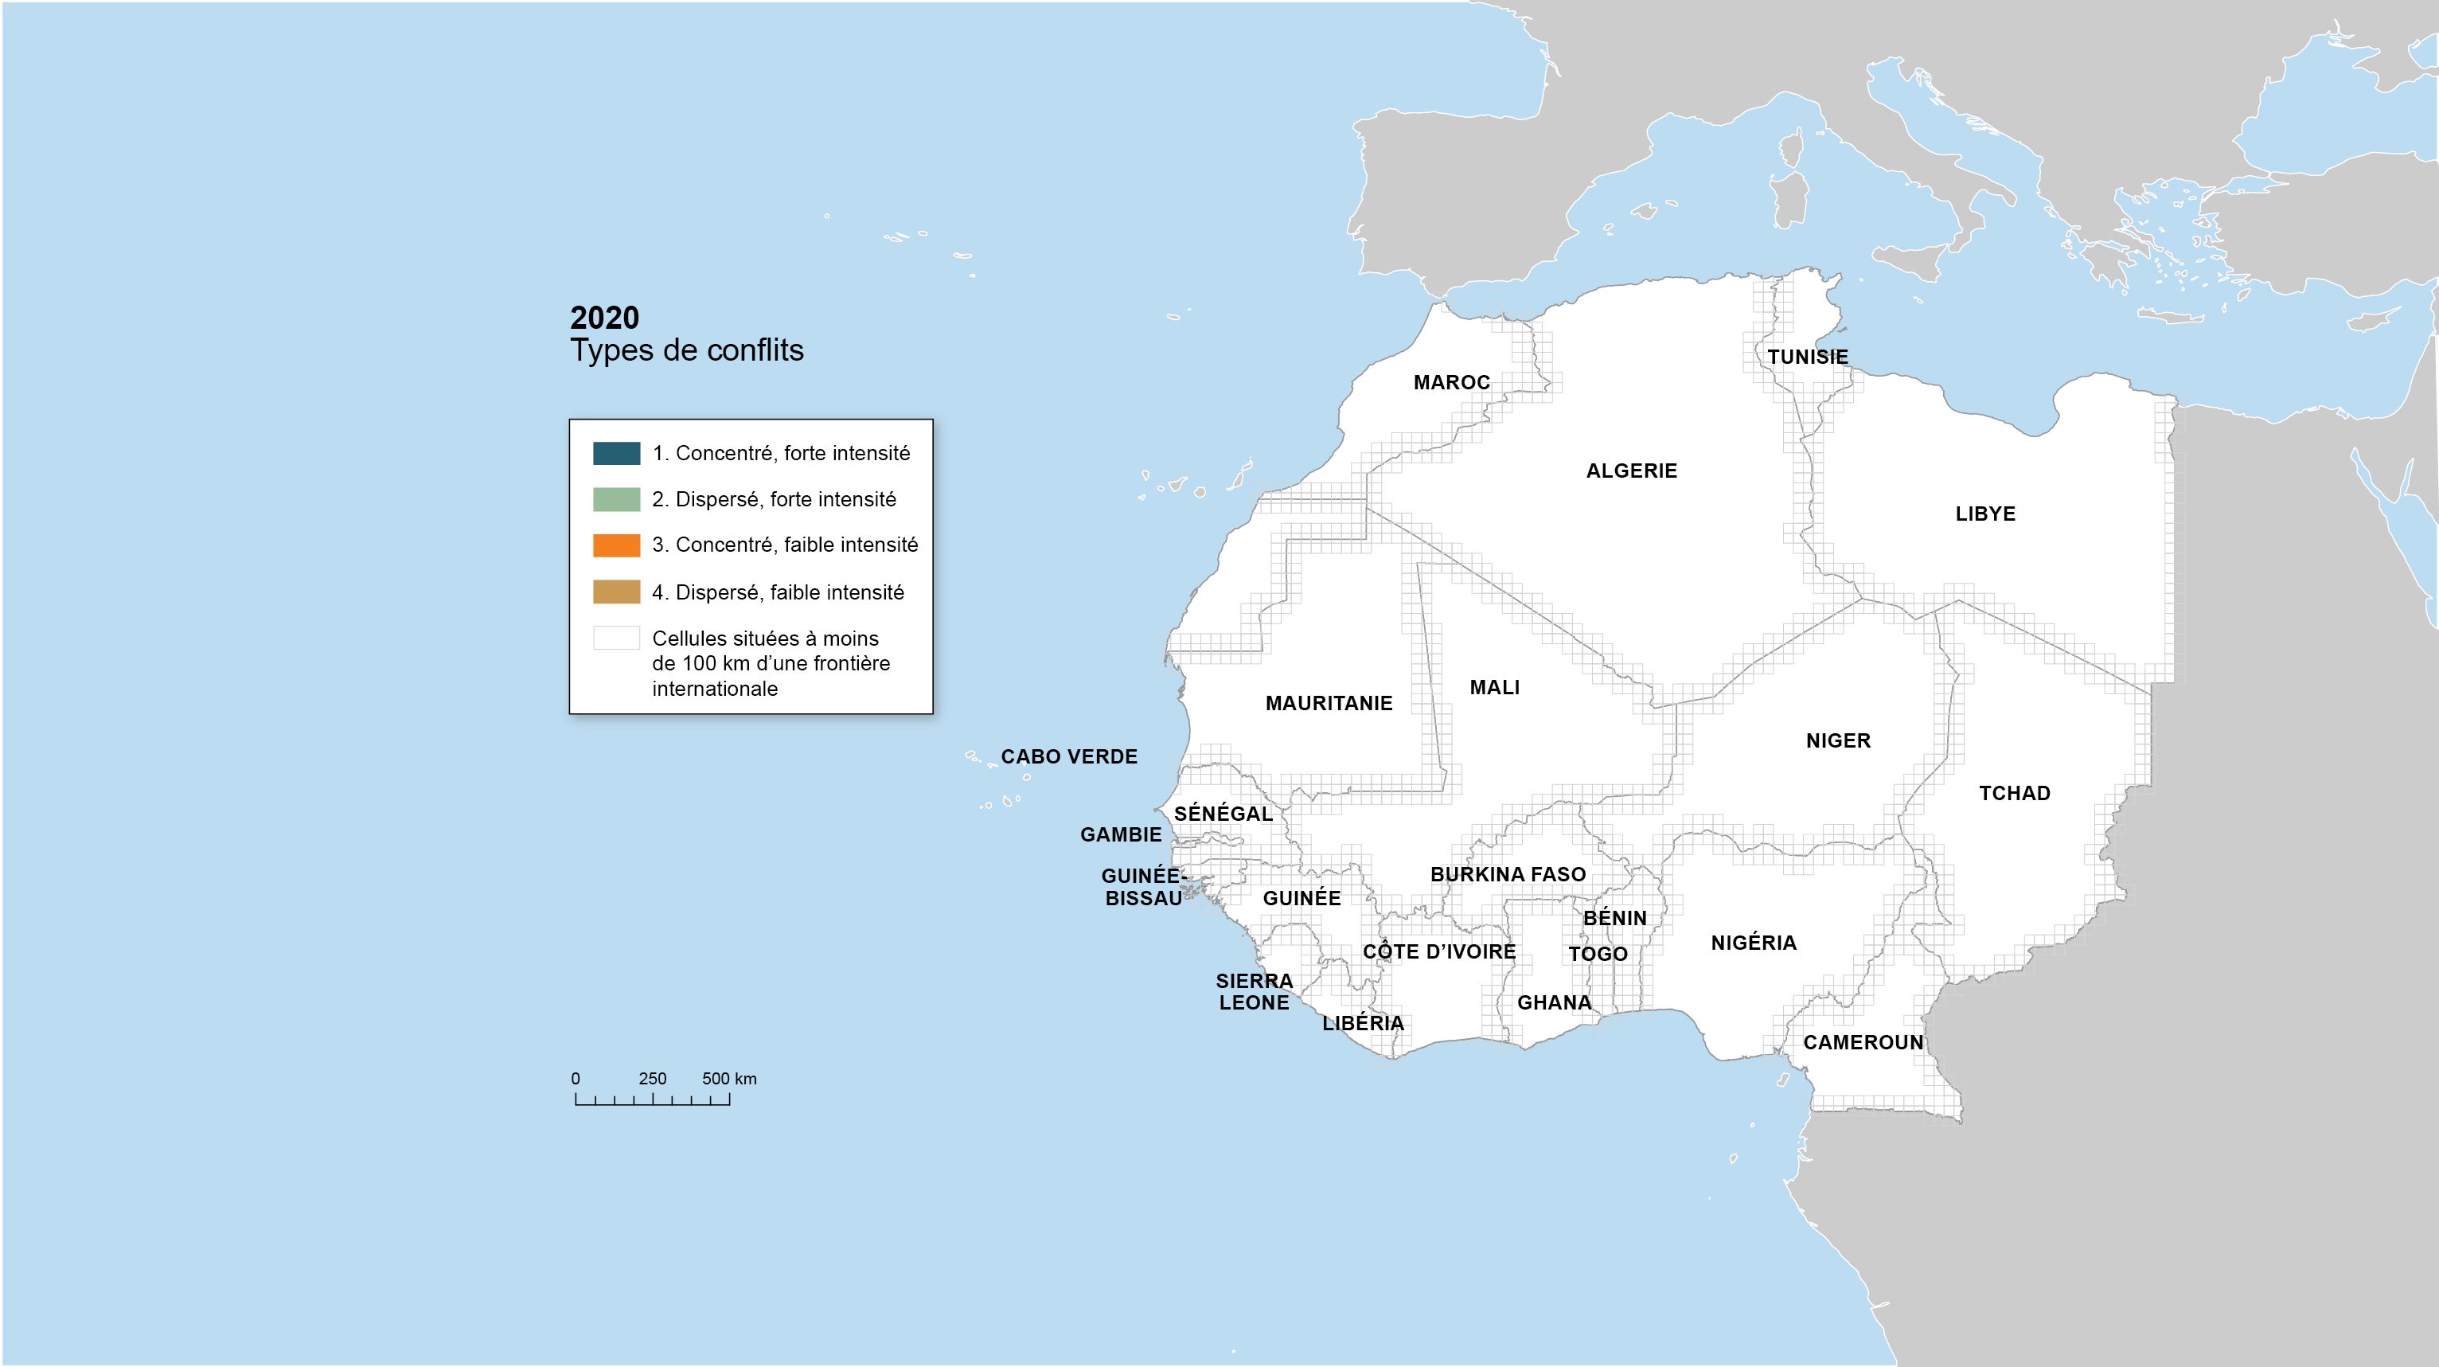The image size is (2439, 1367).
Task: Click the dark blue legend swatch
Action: [x=616, y=454]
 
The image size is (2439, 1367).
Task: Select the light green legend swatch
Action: [x=616, y=500]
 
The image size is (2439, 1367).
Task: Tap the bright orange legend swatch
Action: [x=616, y=545]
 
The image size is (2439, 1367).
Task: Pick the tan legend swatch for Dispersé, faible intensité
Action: [x=616, y=592]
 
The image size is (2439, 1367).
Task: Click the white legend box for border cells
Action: [x=616, y=638]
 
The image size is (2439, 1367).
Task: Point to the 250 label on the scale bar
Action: [x=653, y=1078]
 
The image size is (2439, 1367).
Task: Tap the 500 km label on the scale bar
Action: [x=729, y=1078]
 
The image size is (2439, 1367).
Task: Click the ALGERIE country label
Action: [x=1631, y=471]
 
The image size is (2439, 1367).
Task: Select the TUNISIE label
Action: [x=1808, y=357]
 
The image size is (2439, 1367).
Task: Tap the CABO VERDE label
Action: [x=1069, y=756]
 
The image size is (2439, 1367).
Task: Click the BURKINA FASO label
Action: [x=1508, y=875]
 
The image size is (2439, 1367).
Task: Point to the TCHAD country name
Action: [x=2014, y=793]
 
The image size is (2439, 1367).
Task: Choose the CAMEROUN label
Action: [x=1863, y=1042]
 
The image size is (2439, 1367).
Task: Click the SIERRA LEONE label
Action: [x=1254, y=992]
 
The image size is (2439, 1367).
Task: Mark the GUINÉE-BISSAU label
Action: [x=1143, y=887]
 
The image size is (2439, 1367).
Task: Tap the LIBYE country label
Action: [x=1984, y=514]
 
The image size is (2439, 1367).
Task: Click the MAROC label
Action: [x=1451, y=382]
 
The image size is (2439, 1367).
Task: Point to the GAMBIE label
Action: [x=1120, y=835]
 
